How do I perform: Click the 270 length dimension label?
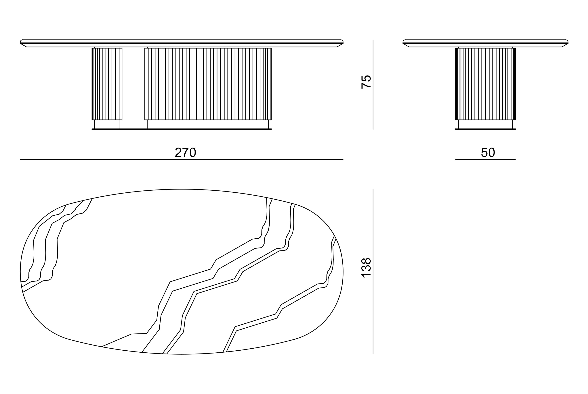185,152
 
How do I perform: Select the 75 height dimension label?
366,82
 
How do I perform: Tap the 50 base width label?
488,152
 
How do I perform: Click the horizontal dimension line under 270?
182,159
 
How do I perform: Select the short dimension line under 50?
485,159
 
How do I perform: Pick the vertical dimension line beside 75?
373,85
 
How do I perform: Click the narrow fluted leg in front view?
107,84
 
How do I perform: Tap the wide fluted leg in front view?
208,84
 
